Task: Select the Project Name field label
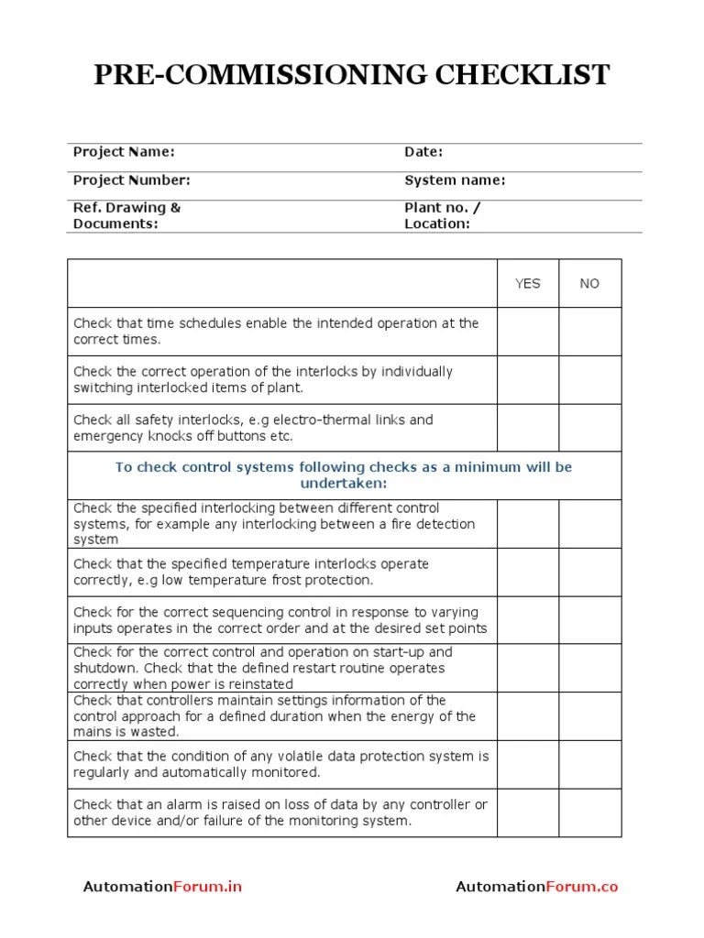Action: pyautogui.click(x=124, y=152)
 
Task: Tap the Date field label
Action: pyautogui.click(x=423, y=152)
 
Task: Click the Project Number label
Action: pyautogui.click(x=131, y=180)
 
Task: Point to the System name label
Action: pyautogui.click(x=455, y=180)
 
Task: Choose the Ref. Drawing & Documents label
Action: pyautogui.click(x=126, y=215)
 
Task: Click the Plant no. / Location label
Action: pyautogui.click(x=442, y=215)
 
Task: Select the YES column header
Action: pyautogui.click(x=528, y=284)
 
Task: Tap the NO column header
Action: pyautogui.click(x=589, y=284)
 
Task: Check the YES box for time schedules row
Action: pyautogui.click(x=528, y=332)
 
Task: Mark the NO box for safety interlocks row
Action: pyautogui.click(x=589, y=428)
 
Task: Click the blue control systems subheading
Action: pyautogui.click(x=344, y=474)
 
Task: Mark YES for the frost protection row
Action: pyautogui.click(x=528, y=573)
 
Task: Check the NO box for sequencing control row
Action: pyautogui.click(x=589, y=620)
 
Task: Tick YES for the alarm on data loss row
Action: pyautogui.click(x=528, y=813)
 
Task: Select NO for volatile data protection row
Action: pyautogui.click(x=589, y=765)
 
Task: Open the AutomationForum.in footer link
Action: pyautogui.click(x=162, y=887)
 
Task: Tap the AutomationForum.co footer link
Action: pyautogui.click(x=536, y=887)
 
